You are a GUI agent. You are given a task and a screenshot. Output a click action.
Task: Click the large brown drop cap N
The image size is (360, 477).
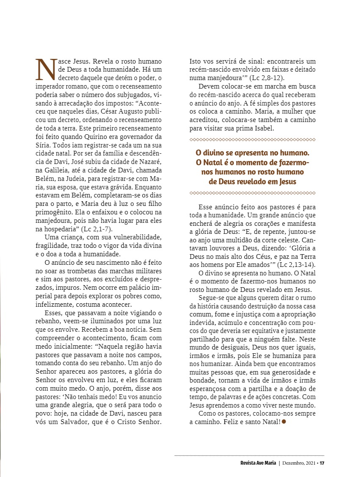[x=45, y=69]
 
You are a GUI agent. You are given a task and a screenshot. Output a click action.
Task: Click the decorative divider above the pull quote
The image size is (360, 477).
[x=252, y=139]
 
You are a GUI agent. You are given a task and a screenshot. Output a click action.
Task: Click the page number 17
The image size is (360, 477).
[x=322, y=463]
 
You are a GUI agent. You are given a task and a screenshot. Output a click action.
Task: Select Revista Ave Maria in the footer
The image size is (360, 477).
[x=258, y=463]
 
